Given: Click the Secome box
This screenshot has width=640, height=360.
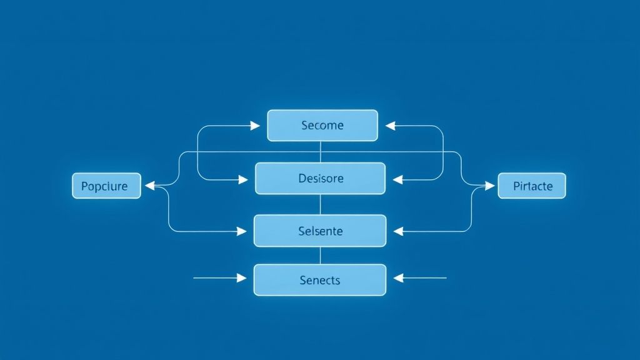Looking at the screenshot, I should click(x=322, y=126).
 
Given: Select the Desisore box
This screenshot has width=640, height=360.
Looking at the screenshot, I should click(x=320, y=178).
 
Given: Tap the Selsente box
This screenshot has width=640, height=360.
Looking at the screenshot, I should click(x=320, y=231).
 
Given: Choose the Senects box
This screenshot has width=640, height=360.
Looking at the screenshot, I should click(x=320, y=279).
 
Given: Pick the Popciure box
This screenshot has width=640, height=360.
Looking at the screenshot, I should click(x=106, y=186).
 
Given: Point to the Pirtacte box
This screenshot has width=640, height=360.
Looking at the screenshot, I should click(x=532, y=186).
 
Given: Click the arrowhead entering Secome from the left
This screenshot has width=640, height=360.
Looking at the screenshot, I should click(x=255, y=126).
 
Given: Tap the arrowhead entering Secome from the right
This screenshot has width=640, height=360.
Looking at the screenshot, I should click(x=391, y=126).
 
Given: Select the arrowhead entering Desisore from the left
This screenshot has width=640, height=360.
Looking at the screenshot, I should click(x=243, y=179).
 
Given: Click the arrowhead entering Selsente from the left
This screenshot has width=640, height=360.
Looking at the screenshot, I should click(x=242, y=231).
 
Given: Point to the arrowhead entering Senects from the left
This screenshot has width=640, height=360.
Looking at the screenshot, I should click(x=242, y=277).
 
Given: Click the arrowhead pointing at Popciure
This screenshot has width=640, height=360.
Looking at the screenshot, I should click(x=150, y=185).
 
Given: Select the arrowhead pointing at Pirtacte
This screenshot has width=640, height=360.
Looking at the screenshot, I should click(x=489, y=185).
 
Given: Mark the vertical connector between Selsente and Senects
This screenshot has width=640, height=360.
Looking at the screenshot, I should click(x=320, y=255).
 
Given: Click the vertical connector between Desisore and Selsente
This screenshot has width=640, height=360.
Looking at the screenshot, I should click(x=320, y=204).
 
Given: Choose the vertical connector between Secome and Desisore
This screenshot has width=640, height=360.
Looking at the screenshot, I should click(x=320, y=152).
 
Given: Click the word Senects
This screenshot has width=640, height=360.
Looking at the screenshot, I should click(x=320, y=280).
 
